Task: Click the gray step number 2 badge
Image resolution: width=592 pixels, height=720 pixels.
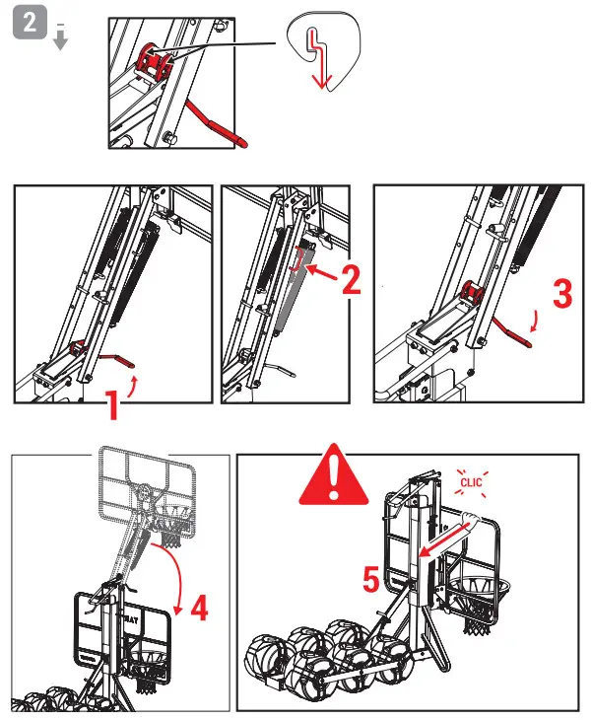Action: click(x=30, y=25)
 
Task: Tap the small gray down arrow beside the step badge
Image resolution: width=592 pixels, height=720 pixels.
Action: click(x=60, y=38)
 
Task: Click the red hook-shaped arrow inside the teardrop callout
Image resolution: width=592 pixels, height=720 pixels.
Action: click(x=317, y=60)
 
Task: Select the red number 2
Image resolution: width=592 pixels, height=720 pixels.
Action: click(x=351, y=281)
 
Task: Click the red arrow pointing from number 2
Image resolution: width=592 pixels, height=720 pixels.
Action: click(x=317, y=267)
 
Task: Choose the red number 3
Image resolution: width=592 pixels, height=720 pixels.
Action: click(x=560, y=294)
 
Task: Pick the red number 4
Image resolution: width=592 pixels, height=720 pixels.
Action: click(x=199, y=609)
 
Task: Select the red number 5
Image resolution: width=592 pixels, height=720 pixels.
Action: click(x=371, y=581)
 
